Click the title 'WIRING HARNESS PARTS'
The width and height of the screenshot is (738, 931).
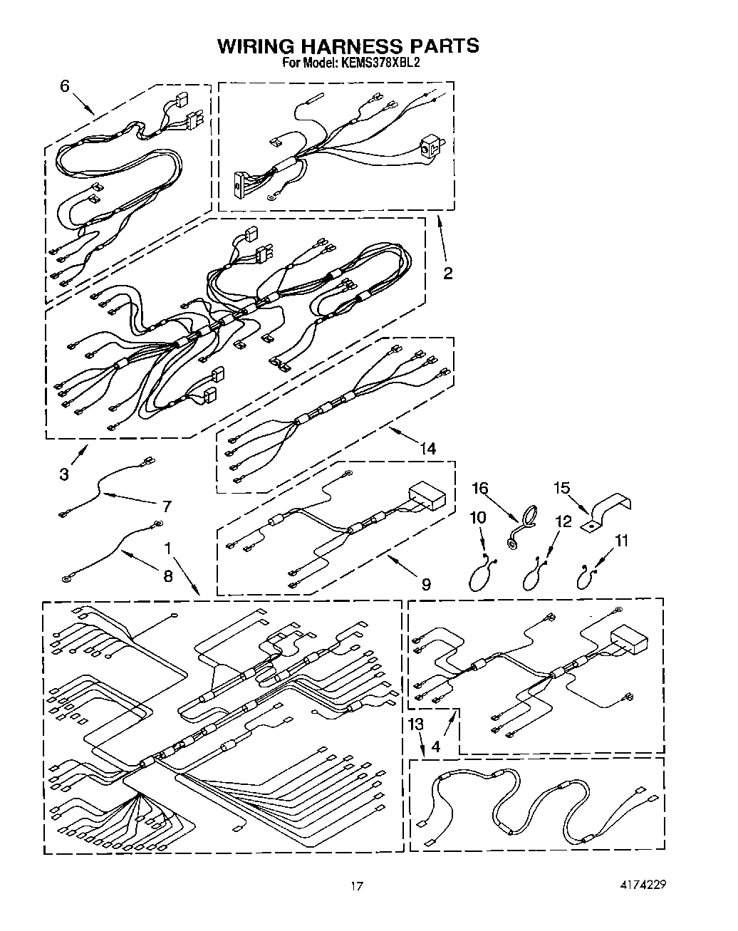coord(348,46)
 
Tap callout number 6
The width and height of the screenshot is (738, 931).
coord(65,86)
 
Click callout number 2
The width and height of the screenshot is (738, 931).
coord(447,274)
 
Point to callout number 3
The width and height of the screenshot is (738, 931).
coord(65,474)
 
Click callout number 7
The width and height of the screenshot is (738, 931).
coord(167,506)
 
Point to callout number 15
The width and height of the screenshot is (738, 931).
coord(563,488)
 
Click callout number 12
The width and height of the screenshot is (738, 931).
coord(563,521)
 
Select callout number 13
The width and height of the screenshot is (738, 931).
coord(415,724)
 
